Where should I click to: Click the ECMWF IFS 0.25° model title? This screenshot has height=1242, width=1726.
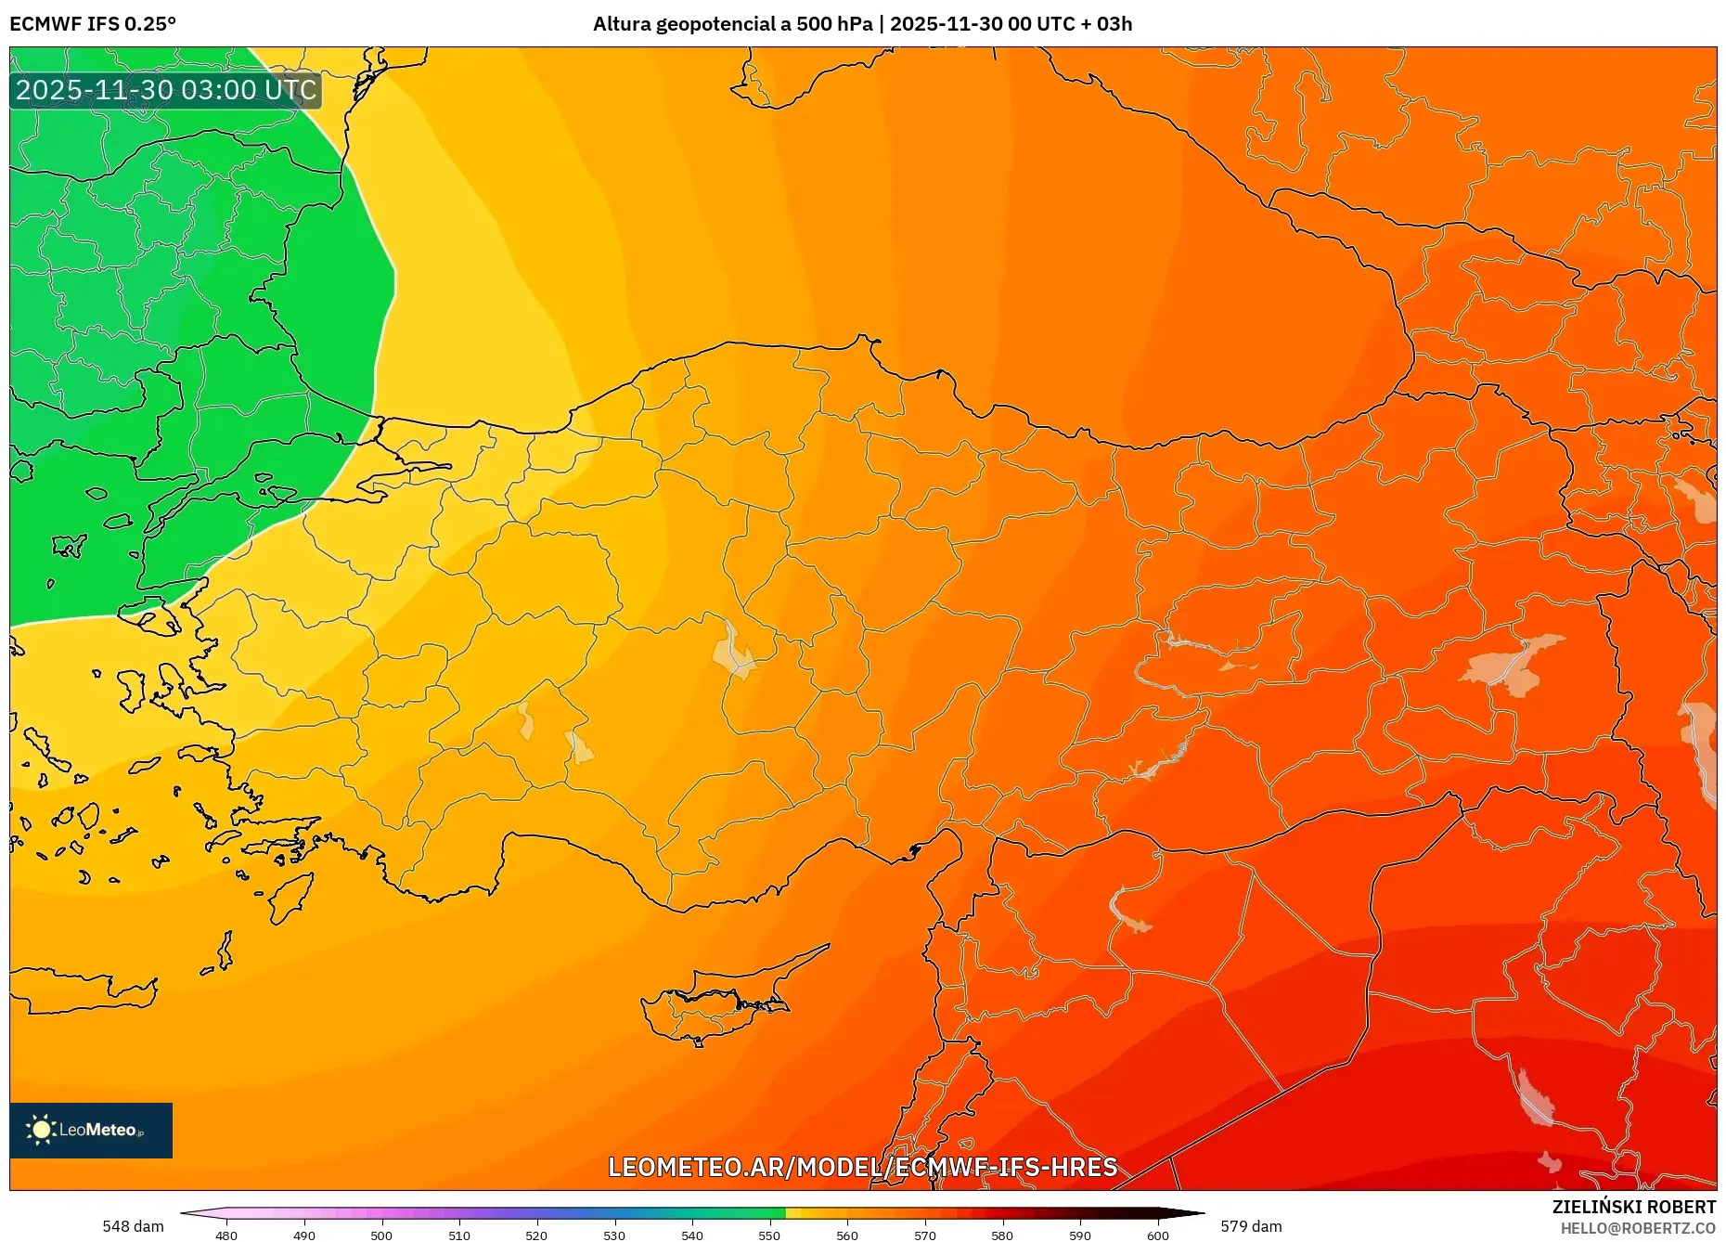93,24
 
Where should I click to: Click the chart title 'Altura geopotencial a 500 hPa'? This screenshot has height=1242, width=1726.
732,24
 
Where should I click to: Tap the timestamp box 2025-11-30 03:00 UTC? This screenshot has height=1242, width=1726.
166,90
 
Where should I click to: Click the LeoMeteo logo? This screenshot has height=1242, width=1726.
91,1130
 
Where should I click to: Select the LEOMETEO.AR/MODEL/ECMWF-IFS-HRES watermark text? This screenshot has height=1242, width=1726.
862,1167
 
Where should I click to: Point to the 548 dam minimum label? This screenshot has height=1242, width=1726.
133,1226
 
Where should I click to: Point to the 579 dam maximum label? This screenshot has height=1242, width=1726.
1251,1226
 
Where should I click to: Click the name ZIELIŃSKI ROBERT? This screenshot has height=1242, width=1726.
1633,1207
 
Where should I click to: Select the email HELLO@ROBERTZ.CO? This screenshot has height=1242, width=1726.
1638,1228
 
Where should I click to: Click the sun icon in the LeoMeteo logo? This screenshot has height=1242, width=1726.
41,1130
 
